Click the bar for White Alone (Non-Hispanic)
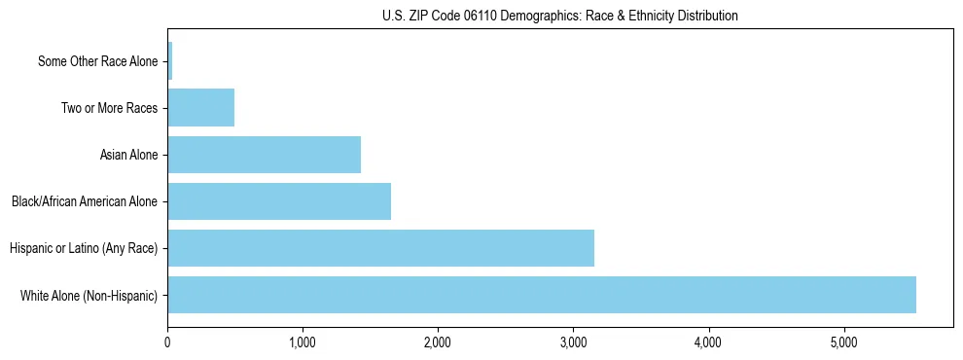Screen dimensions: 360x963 tap(542, 295)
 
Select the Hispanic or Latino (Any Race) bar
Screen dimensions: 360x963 tap(380, 248)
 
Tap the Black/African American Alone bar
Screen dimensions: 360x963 tap(279, 201)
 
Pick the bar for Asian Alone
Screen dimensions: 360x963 tap(264, 155)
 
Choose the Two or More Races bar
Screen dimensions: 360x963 tap(200, 108)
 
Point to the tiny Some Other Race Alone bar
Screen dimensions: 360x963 tap(170, 61)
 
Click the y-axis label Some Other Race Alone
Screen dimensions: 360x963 tap(97, 62)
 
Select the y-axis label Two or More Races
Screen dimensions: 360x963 tap(109, 108)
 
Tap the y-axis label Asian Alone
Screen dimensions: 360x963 tap(128, 155)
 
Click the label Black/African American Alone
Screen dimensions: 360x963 tap(85, 201)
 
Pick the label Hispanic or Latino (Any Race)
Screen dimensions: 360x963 tap(84, 248)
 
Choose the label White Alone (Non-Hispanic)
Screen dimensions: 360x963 tap(89, 295)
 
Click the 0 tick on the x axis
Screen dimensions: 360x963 tap(167, 342)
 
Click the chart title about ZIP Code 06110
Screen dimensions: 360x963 tap(560, 16)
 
